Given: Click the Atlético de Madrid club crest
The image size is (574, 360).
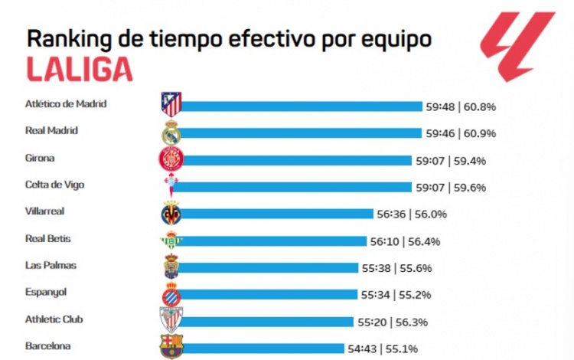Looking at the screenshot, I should coord(171,103).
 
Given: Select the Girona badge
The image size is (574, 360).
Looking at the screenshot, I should coord(169,159).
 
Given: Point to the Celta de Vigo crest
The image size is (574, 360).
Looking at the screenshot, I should coord(169,185).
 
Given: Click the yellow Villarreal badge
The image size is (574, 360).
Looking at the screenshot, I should coord(171,213).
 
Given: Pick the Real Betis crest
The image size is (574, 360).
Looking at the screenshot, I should coord(170,241).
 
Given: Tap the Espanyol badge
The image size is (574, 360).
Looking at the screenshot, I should coord(171,294).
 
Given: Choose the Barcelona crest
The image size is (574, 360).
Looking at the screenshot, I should coord(170,347).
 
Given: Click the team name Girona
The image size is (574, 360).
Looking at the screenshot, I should coord(40,158).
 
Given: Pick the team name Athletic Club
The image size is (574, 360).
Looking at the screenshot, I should coord(53,319).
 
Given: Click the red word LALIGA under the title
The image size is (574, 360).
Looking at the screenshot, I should coord(80,69).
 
